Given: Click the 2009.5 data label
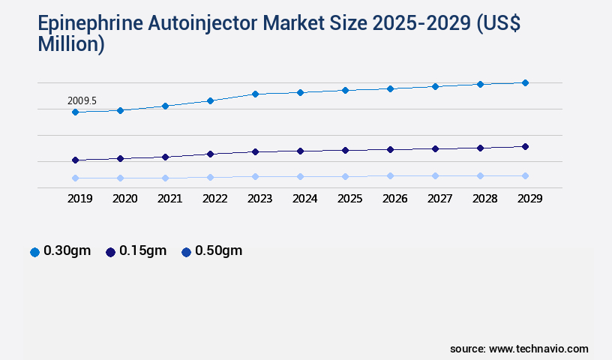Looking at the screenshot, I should click(x=82, y=100).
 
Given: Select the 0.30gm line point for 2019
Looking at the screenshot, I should click(x=75, y=112).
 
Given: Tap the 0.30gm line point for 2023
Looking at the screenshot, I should click(x=255, y=94).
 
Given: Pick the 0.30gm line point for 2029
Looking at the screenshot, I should click(x=525, y=82).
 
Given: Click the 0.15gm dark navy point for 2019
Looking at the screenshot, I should click(x=75, y=160).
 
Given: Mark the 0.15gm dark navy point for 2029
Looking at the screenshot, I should click(x=525, y=146).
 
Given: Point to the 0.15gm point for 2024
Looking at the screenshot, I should click(x=300, y=151).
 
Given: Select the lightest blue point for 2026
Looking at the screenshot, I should click(x=390, y=175).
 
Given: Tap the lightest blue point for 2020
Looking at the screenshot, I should click(x=120, y=178).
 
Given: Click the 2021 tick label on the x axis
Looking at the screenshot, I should click(x=169, y=199).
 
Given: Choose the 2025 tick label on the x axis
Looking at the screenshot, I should click(x=349, y=199).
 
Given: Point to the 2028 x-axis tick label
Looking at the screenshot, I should click(x=484, y=199).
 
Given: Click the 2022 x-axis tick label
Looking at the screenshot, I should click(x=214, y=199).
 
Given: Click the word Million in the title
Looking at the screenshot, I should click(x=70, y=44).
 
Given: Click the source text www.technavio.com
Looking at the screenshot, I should click(x=538, y=349).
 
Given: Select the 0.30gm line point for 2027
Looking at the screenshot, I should click(x=435, y=86).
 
